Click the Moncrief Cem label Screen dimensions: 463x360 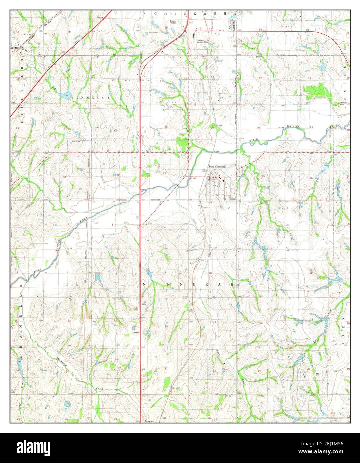point(339,103)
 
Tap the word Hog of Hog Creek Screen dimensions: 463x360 point(54,88)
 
